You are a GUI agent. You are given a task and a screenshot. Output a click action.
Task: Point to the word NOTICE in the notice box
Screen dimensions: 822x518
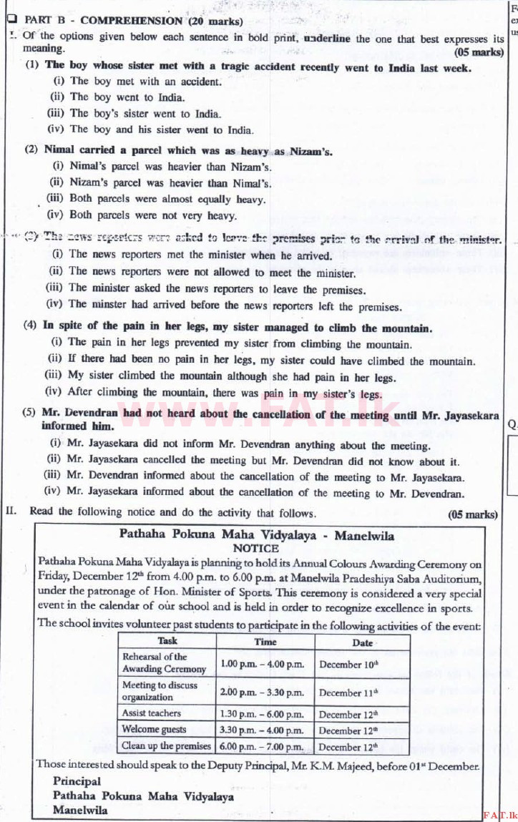pos(256,548)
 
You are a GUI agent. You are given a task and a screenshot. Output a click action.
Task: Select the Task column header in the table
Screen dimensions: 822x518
pos(167,641)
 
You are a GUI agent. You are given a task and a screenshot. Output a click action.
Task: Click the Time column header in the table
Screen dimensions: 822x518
pos(265,642)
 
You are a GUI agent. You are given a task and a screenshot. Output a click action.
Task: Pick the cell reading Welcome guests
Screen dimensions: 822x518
pos(154,729)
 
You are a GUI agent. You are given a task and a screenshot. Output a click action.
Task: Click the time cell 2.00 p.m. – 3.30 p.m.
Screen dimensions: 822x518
pos(263,692)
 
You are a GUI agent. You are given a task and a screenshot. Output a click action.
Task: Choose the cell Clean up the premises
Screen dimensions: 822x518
pos(166,745)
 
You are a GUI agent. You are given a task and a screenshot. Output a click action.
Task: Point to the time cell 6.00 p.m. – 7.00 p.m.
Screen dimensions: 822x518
pos(263,746)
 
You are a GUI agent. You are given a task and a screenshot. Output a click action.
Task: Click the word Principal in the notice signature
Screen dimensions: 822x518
pos(77,781)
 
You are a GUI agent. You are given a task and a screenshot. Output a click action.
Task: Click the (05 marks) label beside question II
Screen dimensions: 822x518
pos(472,514)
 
